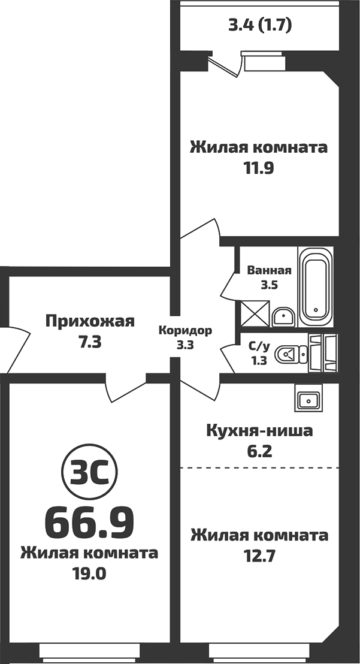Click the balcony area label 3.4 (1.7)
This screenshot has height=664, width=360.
[x=260, y=26]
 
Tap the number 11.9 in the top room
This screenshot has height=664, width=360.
[x=258, y=168]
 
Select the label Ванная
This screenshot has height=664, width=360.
[x=269, y=270]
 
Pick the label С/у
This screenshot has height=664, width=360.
[x=258, y=346]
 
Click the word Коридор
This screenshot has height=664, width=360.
[x=185, y=330]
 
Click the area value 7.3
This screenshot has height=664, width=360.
[x=90, y=343]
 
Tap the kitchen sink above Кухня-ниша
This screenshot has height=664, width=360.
[x=309, y=399]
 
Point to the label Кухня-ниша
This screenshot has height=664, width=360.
[x=259, y=430]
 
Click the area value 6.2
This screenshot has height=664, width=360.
[x=259, y=451]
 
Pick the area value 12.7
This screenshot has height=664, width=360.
[x=259, y=556]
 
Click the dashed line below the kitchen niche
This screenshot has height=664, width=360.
[x=259, y=467]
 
